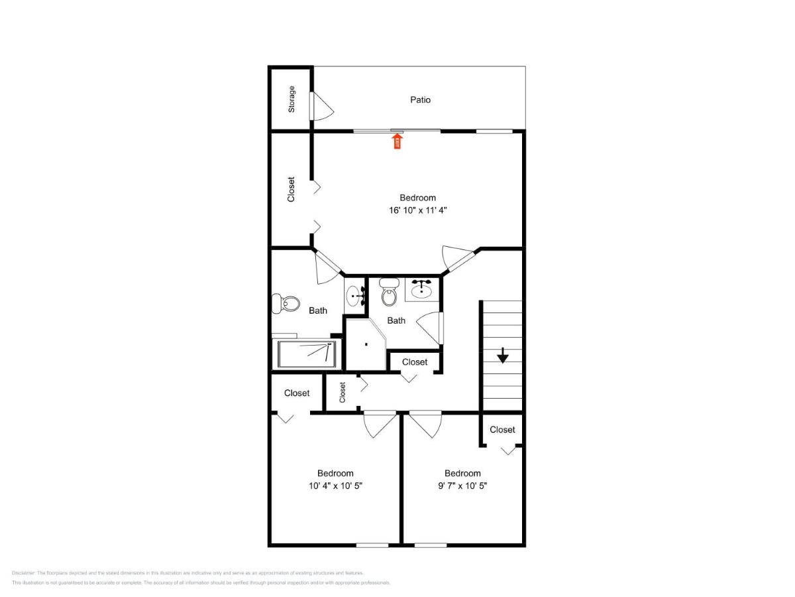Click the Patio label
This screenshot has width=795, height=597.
click(420, 99)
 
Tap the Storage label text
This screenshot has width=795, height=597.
click(291, 99)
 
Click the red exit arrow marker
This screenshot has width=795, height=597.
click(397, 141)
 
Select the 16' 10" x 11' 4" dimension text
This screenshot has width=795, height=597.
click(418, 210)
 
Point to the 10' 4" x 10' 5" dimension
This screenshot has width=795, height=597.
click(335, 486)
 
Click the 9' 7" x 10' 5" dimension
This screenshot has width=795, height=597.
click(462, 486)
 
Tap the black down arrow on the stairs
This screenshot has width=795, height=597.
click(503, 356)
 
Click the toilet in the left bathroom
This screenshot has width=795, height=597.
click(285, 304)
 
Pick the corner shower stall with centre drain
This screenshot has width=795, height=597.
click(366, 344)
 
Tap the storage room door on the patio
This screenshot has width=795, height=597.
click(322, 106)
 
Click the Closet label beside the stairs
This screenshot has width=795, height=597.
click(502, 430)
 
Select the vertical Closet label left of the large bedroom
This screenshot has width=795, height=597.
click(291, 189)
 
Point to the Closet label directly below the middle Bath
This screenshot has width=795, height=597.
click(415, 362)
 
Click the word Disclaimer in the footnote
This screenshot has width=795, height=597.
click(23, 572)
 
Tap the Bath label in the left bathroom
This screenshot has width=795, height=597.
click(318, 310)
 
